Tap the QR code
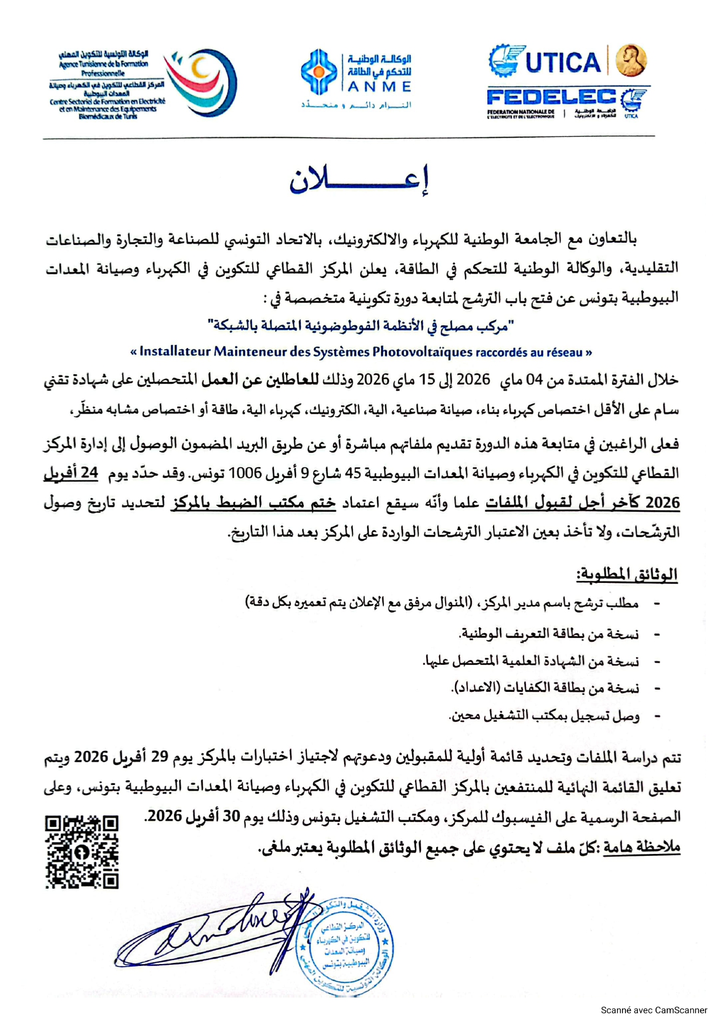coord(82,852)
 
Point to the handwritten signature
coord(217,934)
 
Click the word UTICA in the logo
coord(563,63)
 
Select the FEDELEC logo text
coord(551,97)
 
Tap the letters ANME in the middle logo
coord(379,87)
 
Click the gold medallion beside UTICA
coord(631,60)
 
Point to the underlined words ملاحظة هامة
coord(643,847)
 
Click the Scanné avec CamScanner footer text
coord(654,1010)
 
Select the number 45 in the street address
coord(352,473)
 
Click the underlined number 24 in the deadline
coord(89,473)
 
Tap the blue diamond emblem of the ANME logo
coord(318,73)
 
